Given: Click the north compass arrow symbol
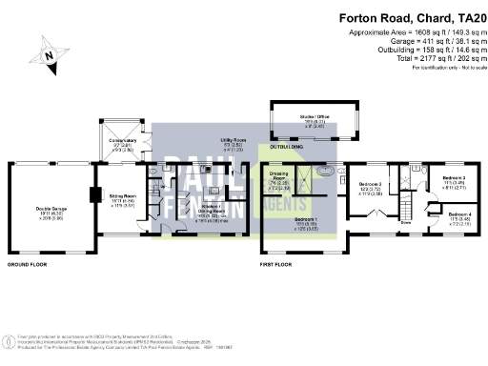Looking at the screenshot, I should pos(49,56).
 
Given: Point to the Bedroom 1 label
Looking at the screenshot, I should pos(306,222).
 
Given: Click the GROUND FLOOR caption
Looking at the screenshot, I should pos(29,263).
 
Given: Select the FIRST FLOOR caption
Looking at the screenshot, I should pos(282,263).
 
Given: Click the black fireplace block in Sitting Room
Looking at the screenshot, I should pos(93,195).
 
